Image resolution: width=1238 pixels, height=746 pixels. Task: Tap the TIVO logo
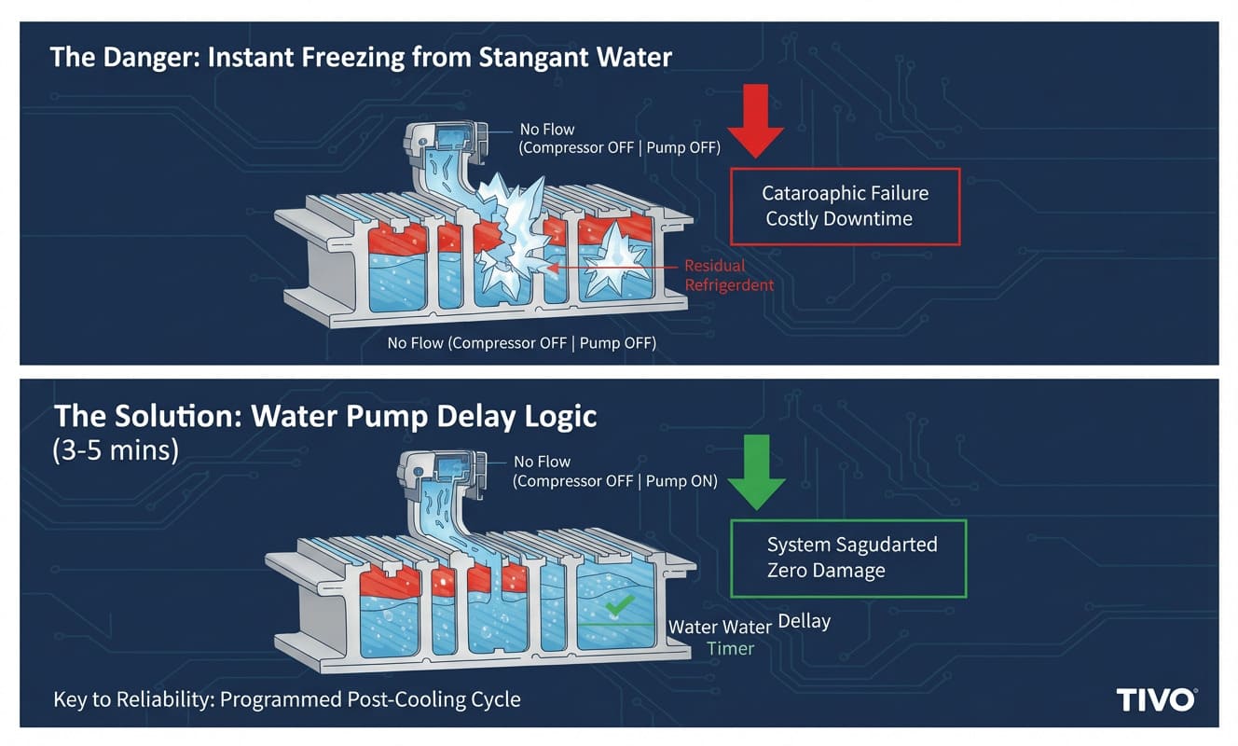point(1156,699)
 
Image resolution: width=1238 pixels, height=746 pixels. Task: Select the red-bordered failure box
point(846,206)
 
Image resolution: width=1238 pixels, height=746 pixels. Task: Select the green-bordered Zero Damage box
point(849,558)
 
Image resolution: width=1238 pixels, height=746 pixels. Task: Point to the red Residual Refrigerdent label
point(729,275)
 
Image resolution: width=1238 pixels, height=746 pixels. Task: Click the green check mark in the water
point(615,607)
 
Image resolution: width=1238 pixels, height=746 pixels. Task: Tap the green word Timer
point(730,648)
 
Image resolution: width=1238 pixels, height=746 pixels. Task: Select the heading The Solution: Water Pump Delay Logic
point(325,415)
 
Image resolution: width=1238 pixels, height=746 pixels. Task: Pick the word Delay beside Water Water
point(804,620)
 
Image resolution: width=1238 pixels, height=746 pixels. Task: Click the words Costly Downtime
point(839,219)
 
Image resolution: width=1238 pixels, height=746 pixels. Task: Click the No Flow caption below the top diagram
point(521,343)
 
